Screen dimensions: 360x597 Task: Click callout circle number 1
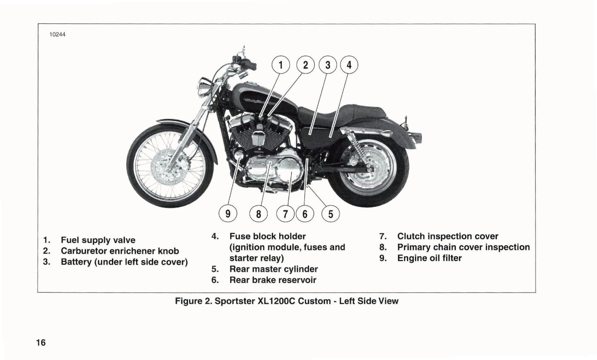[281, 65]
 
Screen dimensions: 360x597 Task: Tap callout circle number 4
[349, 65]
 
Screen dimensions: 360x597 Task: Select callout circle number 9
[228, 214]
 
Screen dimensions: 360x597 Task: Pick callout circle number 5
[331, 214]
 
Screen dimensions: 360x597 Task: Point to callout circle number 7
[285, 214]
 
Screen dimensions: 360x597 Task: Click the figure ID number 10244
[57, 35]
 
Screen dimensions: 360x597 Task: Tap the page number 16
[41, 342]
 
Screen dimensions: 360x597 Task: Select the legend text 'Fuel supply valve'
[98, 240]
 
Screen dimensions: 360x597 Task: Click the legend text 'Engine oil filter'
[429, 258]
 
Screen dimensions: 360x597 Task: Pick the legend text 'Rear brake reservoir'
[273, 280]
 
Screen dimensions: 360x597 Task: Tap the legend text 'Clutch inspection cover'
[447, 236]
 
